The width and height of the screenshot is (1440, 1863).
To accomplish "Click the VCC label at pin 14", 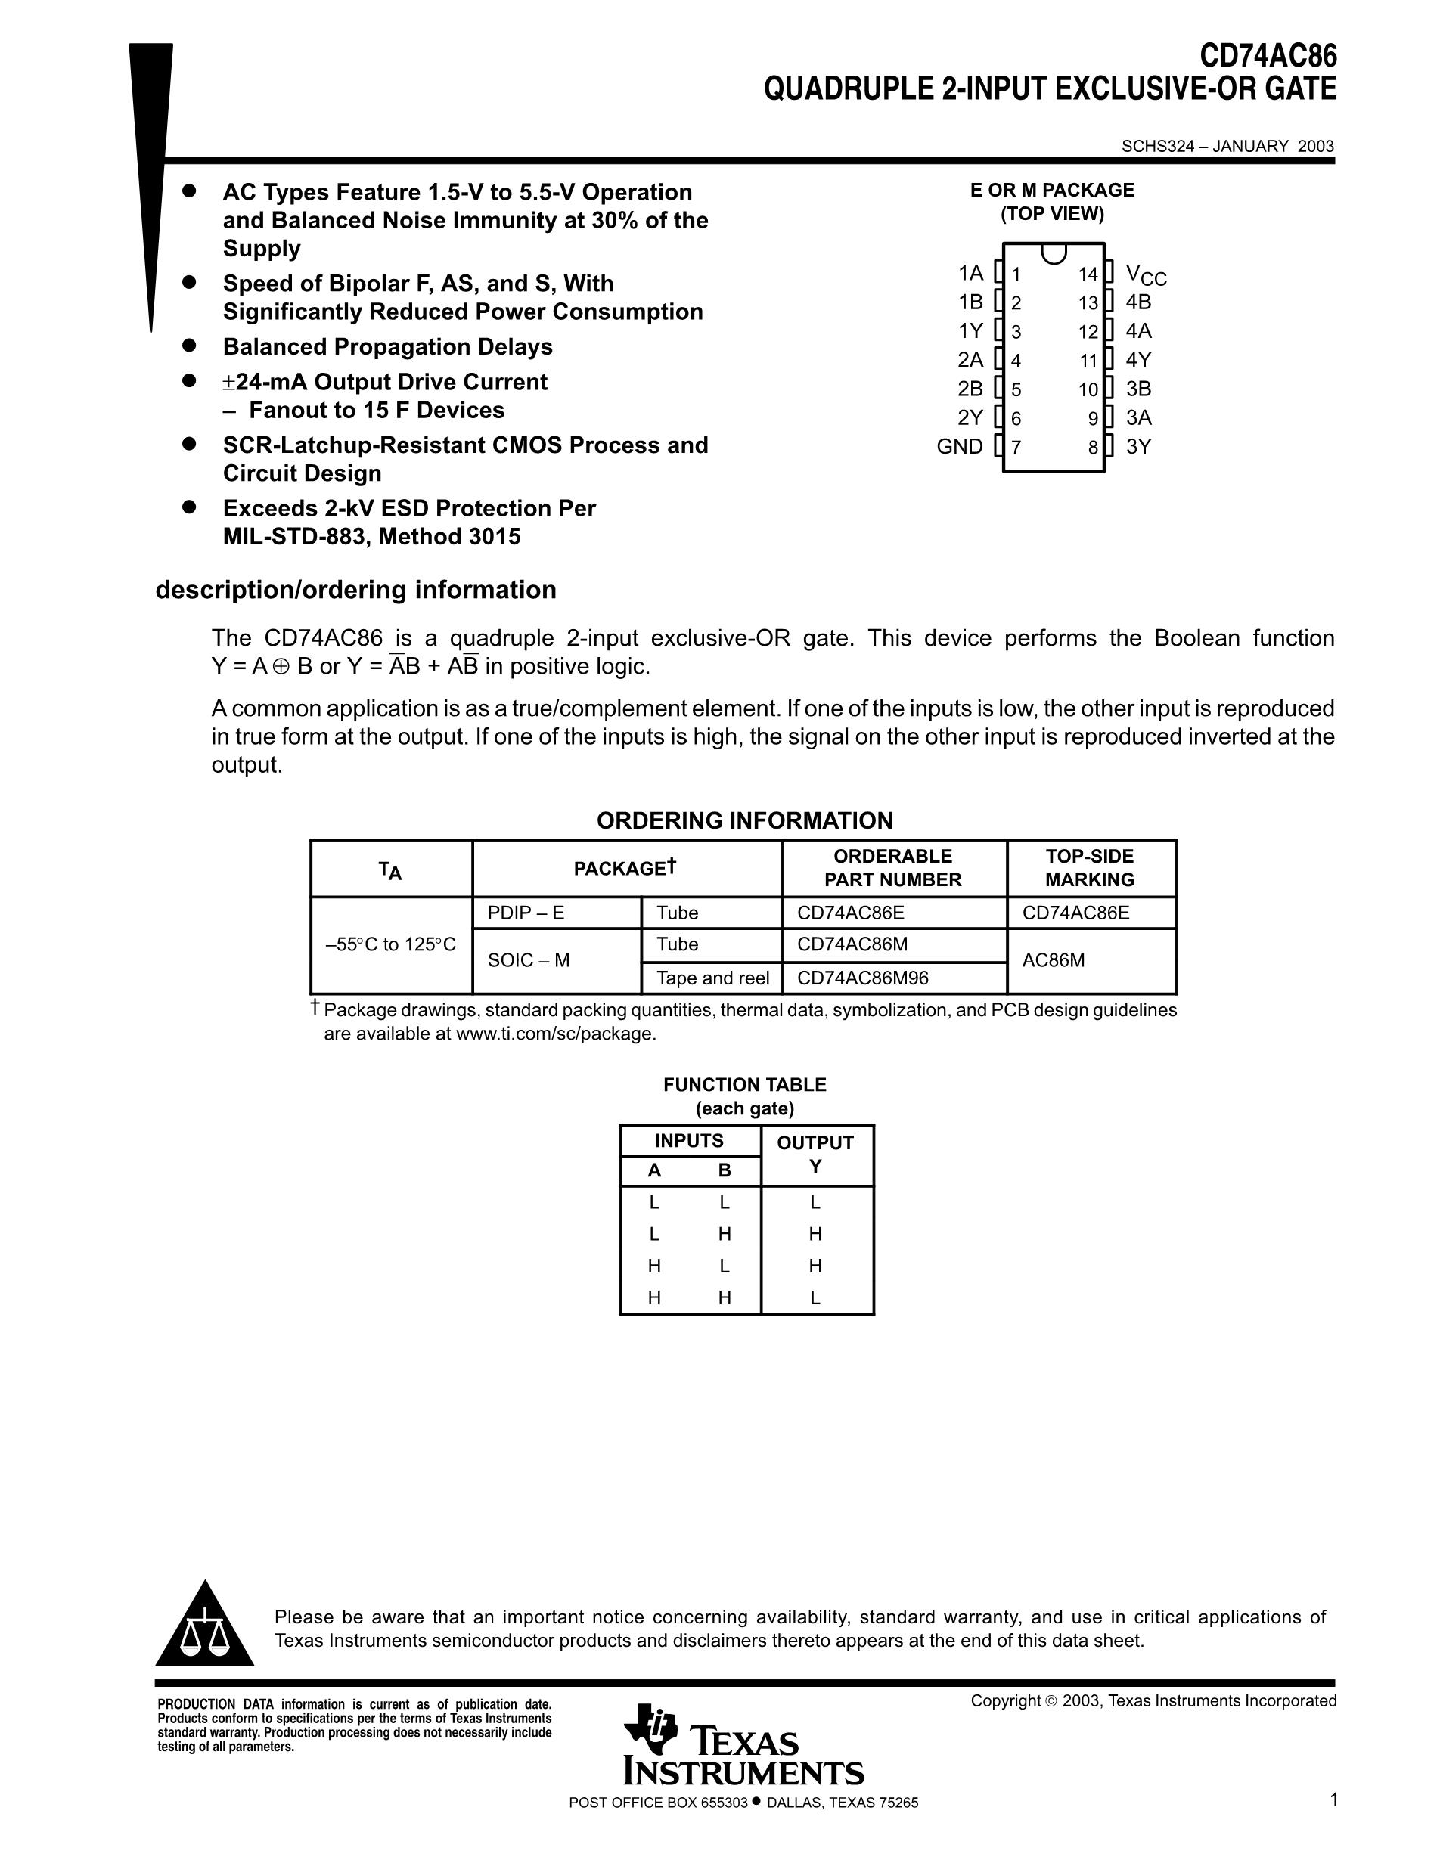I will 1145,274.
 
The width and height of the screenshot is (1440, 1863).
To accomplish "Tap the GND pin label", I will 960,446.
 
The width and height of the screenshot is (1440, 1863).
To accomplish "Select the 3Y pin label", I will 1138,446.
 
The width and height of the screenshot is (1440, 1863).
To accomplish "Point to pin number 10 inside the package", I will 1088,390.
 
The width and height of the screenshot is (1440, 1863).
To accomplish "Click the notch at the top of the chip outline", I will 1054,253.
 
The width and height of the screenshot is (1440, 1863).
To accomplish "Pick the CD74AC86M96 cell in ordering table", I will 862,978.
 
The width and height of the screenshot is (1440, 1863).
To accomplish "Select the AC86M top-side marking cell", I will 1054,960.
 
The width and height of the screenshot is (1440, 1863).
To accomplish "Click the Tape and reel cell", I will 712,978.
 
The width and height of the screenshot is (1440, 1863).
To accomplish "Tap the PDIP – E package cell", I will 526,913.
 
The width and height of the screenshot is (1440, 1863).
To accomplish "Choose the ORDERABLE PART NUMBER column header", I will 892,867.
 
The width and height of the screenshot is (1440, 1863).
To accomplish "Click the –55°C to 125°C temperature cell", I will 391,944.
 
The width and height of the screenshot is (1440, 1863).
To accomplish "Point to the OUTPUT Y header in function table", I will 815,1154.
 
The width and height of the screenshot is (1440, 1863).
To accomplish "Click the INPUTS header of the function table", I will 688,1140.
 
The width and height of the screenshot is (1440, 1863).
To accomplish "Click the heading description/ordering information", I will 355,590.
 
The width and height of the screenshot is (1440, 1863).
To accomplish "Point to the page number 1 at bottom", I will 1333,1800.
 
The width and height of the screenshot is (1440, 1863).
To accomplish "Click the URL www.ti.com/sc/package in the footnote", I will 554,1034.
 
